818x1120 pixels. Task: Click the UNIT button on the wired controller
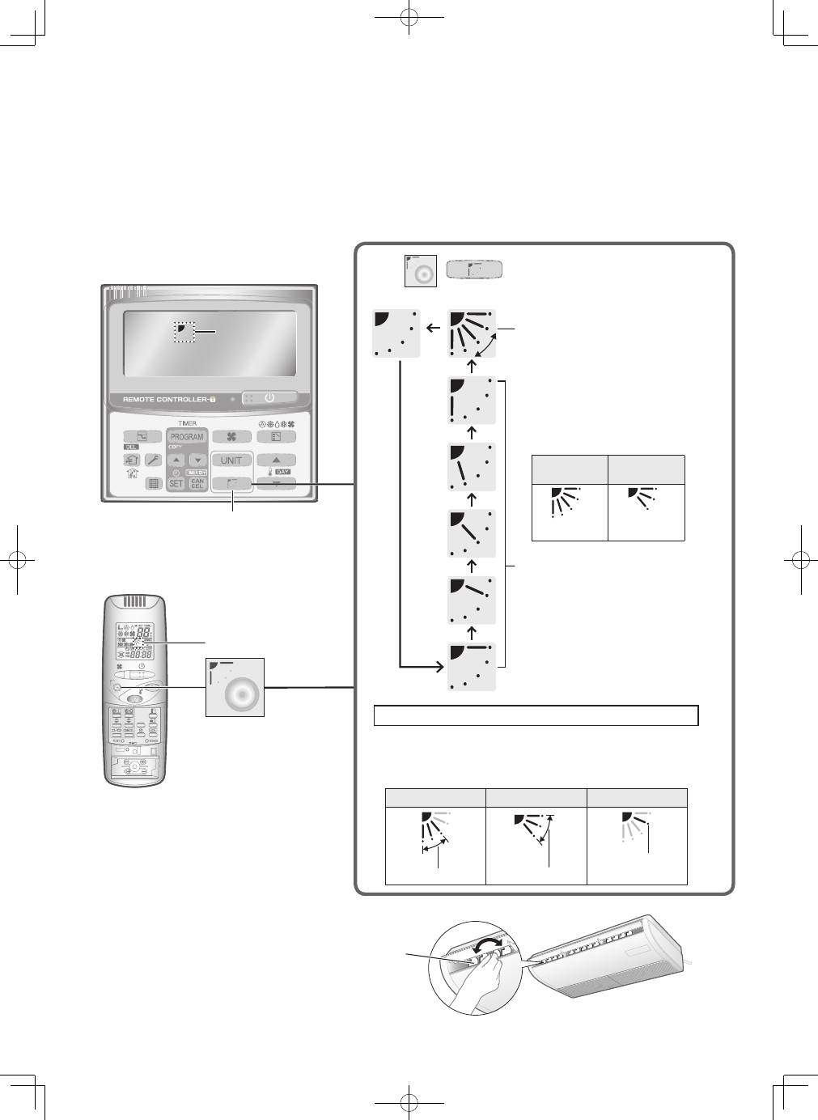231,460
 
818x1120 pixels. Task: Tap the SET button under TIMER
176,484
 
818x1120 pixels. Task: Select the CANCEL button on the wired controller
197,484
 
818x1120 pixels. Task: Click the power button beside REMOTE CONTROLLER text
269,398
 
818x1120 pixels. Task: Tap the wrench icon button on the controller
154,460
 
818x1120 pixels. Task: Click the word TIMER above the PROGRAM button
187,423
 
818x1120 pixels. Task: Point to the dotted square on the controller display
184,330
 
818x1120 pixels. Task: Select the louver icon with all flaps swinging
471,333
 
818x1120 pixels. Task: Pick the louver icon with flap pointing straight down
471,400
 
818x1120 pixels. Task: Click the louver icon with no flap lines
396,333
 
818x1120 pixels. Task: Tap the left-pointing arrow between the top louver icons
433,328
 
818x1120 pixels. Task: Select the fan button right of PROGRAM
231,437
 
